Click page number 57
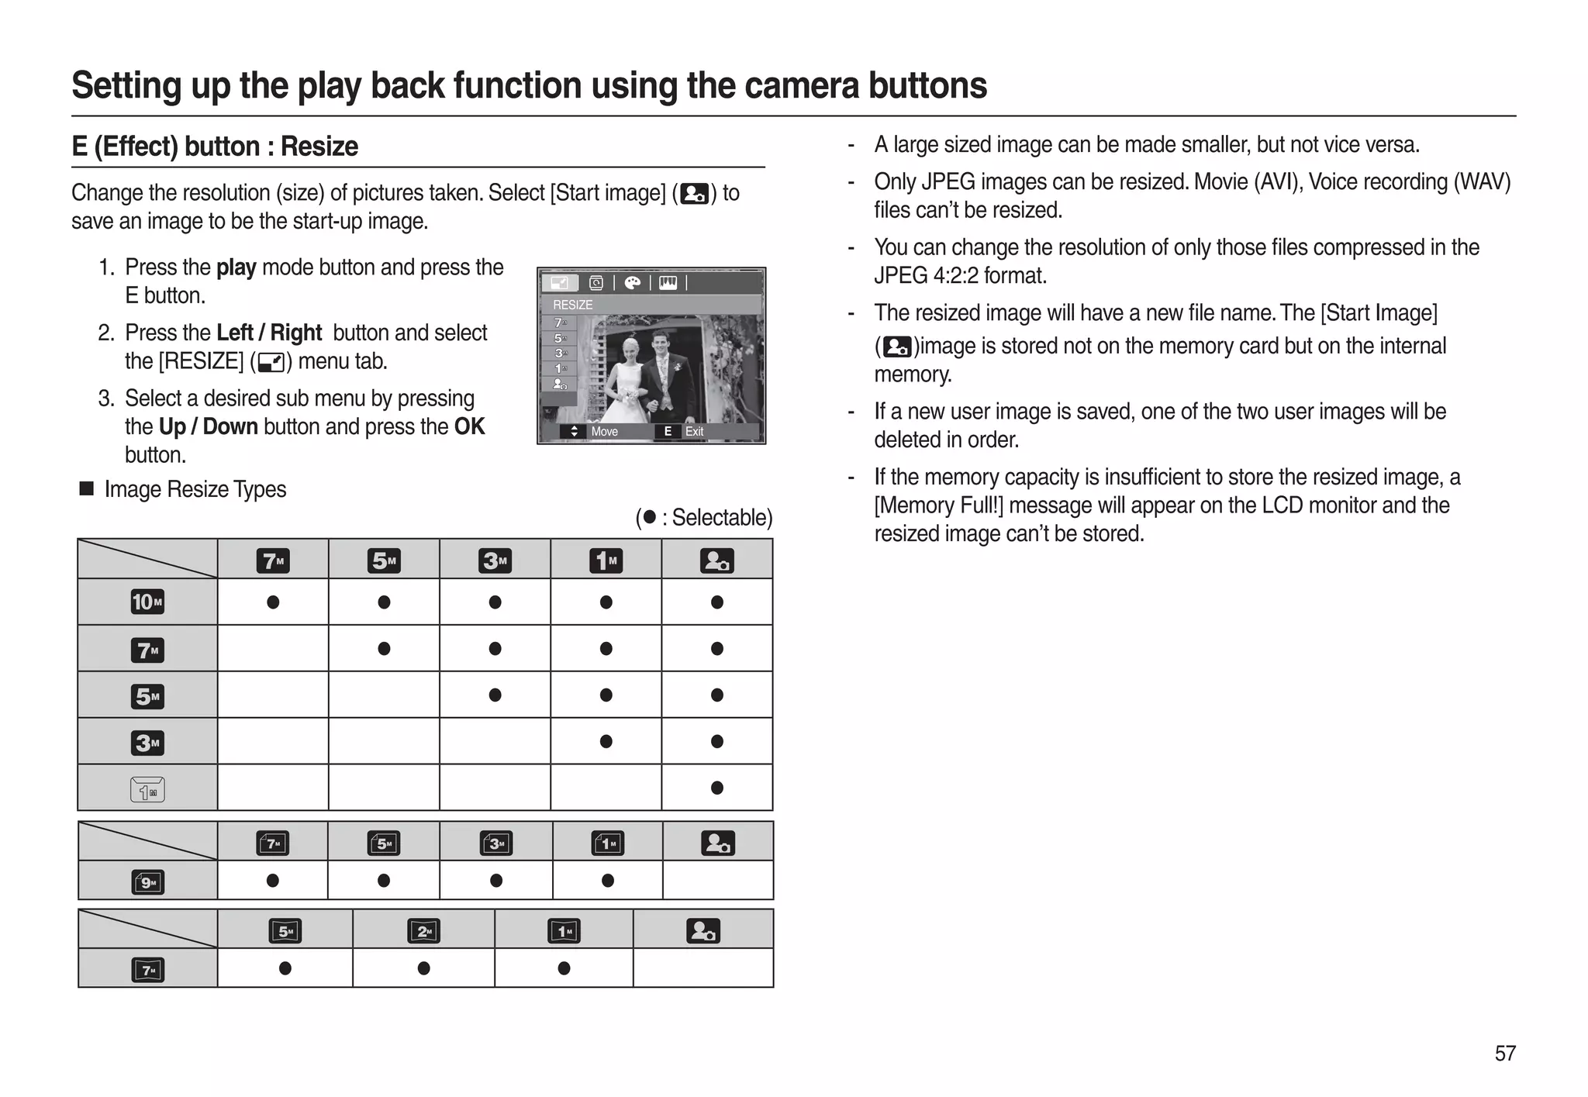pos(1504,1053)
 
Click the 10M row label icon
pos(147,602)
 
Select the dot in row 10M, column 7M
pos(273,602)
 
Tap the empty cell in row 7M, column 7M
pos(273,648)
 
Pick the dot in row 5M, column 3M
pos(495,695)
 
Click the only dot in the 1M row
pos(716,788)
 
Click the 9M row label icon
pos(147,881)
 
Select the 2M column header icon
pos(423,930)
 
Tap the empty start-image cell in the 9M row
pos(718,881)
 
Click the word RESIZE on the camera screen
pos(572,305)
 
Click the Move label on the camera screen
pos(603,432)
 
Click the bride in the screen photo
pos(630,372)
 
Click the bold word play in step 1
pos(236,267)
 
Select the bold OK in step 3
pos(469,426)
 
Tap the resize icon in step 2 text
pos(271,362)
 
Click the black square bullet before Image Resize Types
pos(87,488)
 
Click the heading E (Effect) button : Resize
pos(215,147)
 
